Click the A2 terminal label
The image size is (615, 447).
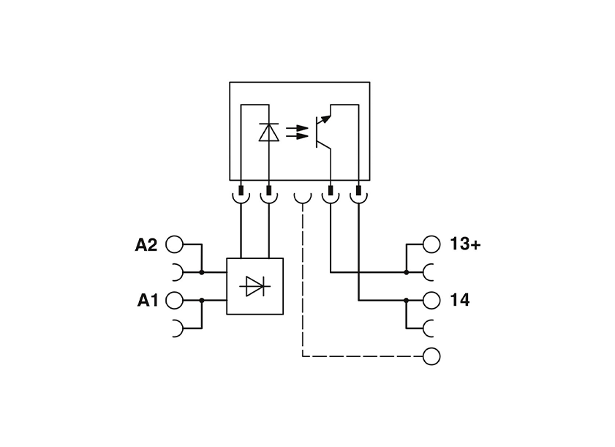pos(146,245)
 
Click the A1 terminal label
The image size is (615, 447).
pos(147,300)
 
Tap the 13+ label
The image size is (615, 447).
pos(465,244)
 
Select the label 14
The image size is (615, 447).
pos(461,300)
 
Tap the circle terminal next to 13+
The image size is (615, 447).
pos(432,244)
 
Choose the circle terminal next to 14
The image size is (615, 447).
pos(432,300)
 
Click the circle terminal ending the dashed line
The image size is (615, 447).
pos(432,356)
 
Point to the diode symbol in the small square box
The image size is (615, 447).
pos(254,287)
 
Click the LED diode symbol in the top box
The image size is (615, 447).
pos(269,132)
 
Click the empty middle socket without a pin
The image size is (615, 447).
pos(302,197)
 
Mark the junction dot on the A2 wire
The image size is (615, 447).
pos(202,272)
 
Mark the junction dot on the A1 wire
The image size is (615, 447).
pos(202,300)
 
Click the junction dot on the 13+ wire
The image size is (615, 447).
pos(406,272)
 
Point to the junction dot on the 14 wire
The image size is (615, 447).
pos(406,300)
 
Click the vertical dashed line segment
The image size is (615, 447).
pos(302,285)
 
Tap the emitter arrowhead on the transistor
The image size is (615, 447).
pos(326,113)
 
